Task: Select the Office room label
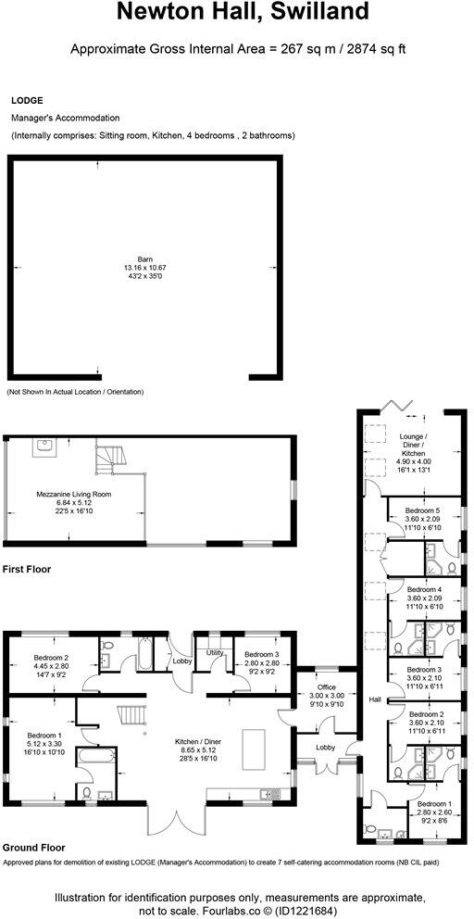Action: (326, 687)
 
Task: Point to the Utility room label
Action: (215, 653)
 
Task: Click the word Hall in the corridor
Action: (375, 699)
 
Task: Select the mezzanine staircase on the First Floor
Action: (108, 457)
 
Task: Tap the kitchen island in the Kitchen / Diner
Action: (253, 749)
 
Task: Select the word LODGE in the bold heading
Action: (26, 100)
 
